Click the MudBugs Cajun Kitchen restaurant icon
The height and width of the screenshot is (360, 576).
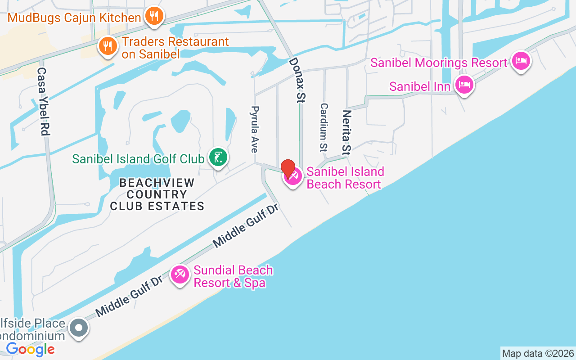point(154,17)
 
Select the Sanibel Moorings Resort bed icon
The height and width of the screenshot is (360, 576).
point(521,61)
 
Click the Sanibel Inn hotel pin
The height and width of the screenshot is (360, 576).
point(464,85)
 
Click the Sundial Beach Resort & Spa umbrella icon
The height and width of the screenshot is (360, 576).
point(180,274)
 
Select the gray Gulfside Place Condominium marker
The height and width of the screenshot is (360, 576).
point(79,328)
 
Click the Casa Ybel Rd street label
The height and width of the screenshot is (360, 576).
point(43,102)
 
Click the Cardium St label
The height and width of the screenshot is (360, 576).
point(324,127)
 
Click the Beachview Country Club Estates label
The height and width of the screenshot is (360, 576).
point(157,194)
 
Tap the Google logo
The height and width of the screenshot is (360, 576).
point(30,349)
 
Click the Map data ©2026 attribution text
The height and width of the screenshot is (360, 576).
point(538,353)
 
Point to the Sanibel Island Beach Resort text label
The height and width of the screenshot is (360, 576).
point(345,178)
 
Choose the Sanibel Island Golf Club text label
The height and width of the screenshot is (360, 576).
point(138,159)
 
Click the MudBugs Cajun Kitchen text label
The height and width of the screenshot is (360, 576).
point(74,18)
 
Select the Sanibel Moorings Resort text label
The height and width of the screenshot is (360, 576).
point(439,63)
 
